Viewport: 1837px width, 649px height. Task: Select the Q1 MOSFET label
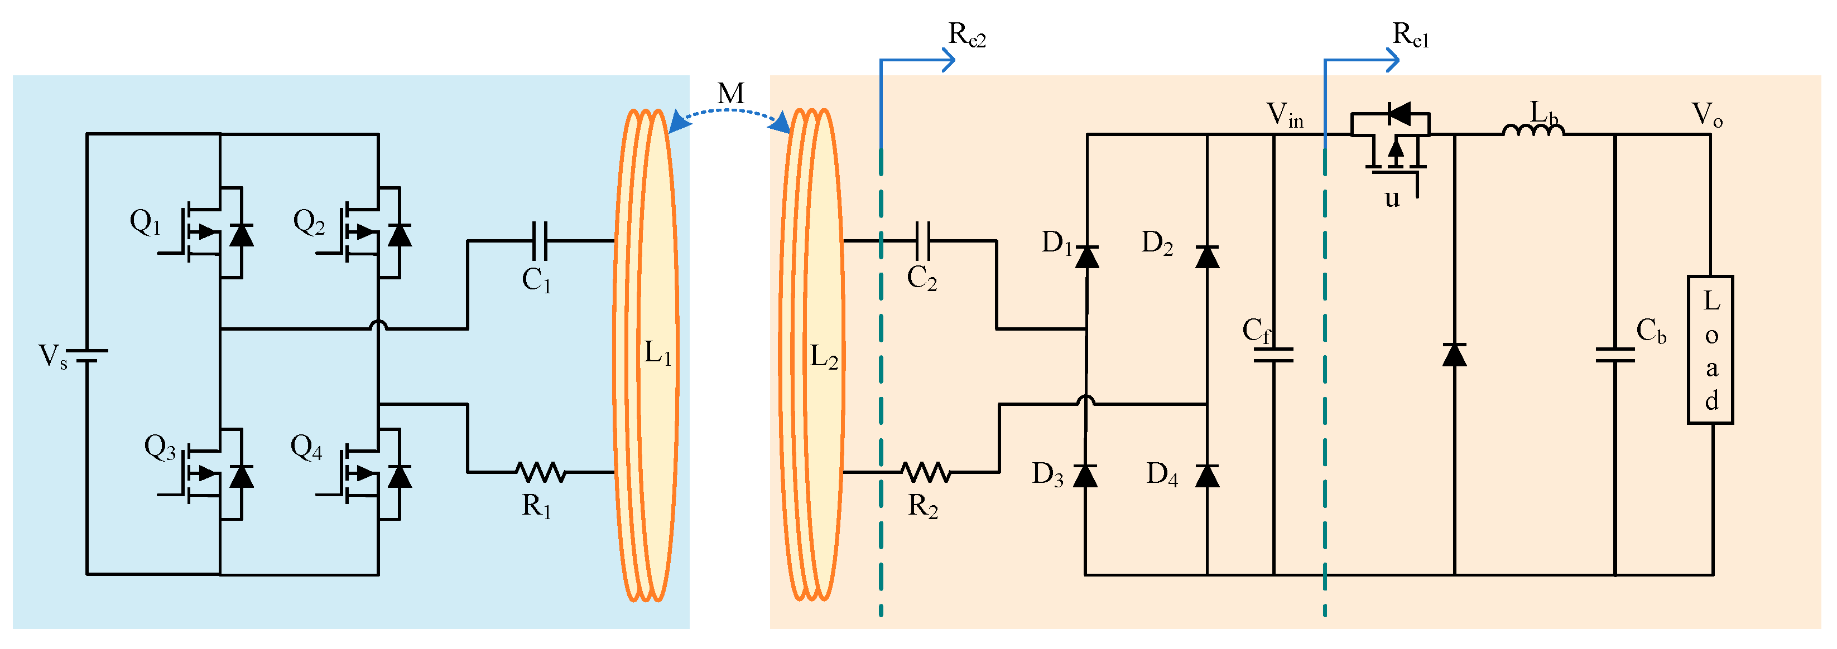[x=145, y=222]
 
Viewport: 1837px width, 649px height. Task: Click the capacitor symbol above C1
[x=540, y=241]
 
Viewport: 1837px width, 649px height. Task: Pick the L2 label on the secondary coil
[x=823, y=356]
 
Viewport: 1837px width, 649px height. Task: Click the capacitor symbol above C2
[x=923, y=241]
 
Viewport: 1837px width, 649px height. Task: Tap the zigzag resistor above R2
[x=926, y=472]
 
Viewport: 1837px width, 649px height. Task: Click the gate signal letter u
[x=1392, y=198]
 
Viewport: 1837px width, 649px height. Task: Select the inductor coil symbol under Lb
[x=1533, y=130]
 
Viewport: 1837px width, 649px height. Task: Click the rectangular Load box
[x=1710, y=350]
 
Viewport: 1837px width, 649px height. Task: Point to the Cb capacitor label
[x=1650, y=331]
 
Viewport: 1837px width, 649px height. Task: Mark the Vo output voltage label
[x=1706, y=115]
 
